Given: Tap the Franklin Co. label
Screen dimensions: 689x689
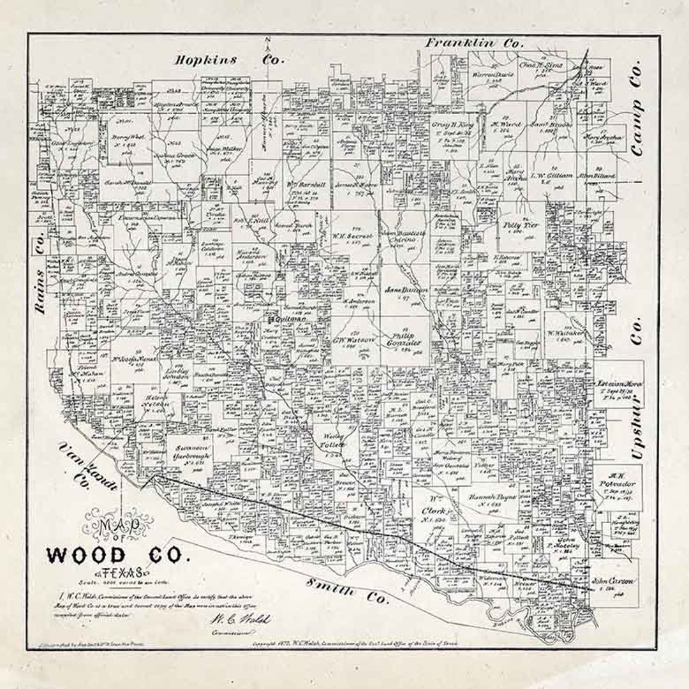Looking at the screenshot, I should coord(475,43).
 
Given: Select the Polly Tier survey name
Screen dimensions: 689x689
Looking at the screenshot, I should coord(521,226).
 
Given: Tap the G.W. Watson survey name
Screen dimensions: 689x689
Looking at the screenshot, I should coord(355,339).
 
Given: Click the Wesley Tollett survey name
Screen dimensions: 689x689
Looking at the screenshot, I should coord(330,440).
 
